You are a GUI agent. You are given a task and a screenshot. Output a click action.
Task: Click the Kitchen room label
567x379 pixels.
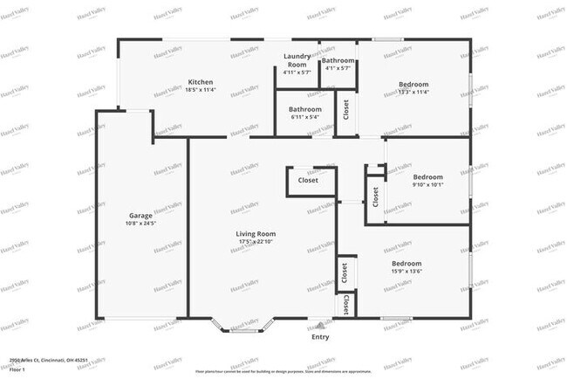pyautogui.click(x=201, y=83)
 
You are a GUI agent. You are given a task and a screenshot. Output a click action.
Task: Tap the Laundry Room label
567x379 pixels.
pyautogui.click(x=297, y=60)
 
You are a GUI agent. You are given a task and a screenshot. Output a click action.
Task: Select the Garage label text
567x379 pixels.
pyautogui.click(x=140, y=215)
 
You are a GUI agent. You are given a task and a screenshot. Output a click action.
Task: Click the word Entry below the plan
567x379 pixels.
pyautogui.click(x=320, y=337)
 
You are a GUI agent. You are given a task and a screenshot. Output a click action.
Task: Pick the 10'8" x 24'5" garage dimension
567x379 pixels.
pyautogui.click(x=140, y=224)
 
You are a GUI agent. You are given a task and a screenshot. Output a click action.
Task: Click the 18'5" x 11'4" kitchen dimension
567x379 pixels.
pyautogui.click(x=201, y=91)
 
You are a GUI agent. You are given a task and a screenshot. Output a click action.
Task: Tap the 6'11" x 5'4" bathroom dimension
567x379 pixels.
pyautogui.click(x=305, y=117)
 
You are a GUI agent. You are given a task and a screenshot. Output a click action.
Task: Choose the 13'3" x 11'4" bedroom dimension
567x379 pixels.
pyautogui.click(x=413, y=92)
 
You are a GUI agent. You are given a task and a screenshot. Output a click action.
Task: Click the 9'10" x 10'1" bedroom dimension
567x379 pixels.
pyautogui.click(x=427, y=184)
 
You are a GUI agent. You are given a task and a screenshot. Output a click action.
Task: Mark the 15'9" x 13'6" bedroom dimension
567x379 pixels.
pyautogui.click(x=406, y=271)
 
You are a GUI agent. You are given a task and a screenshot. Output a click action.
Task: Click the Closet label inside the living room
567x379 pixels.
pyautogui.click(x=308, y=181)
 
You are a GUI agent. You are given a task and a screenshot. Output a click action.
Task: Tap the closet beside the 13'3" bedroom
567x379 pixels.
pyautogui.click(x=346, y=110)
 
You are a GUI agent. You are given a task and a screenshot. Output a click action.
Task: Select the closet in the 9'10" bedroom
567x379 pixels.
pyautogui.click(x=375, y=196)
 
